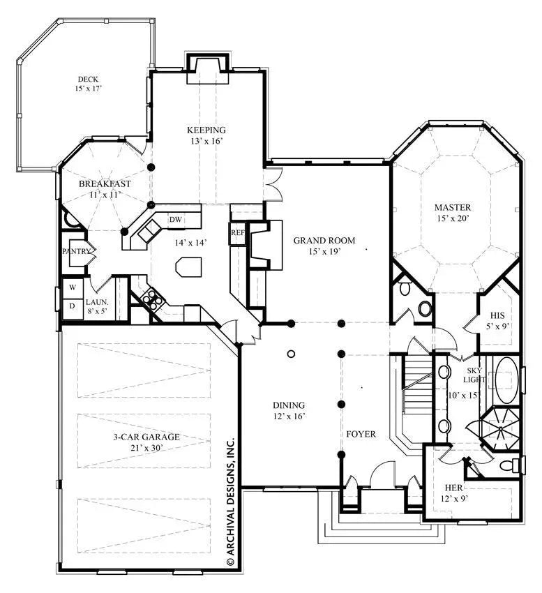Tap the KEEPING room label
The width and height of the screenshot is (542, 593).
206,130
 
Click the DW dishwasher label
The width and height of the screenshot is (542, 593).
176,220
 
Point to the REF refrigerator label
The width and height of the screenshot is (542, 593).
237,232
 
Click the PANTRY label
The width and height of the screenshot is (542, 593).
76,251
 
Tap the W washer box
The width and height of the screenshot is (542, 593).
72,287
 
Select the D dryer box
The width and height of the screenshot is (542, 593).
72,305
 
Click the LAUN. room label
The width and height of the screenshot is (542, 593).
96,302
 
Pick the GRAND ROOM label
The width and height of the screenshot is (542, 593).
324,240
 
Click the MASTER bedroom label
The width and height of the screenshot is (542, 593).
453,207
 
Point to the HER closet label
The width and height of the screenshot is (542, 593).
454,487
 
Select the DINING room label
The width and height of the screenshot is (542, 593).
289,405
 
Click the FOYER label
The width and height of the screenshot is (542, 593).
361,434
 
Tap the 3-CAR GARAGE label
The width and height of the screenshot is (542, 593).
146,437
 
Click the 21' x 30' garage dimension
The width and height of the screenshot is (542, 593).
146,448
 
